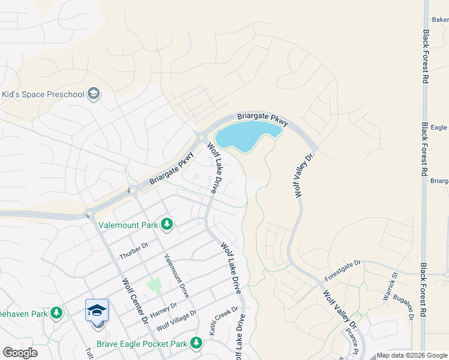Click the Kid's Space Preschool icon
pyautogui.click(x=94, y=94)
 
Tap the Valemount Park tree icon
pyautogui.click(x=167, y=225)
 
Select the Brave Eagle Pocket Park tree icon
pyautogui.click(x=196, y=343)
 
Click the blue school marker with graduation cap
pyautogui.click(x=97, y=311)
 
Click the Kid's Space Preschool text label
pyautogui.click(x=43, y=94)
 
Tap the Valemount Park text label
pyautogui.click(x=128, y=226)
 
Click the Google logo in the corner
pyautogui.click(x=20, y=353)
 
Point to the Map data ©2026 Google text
pyautogui.click(x=412, y=355)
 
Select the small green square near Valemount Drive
pyautogui.click(x=155, y=283)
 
